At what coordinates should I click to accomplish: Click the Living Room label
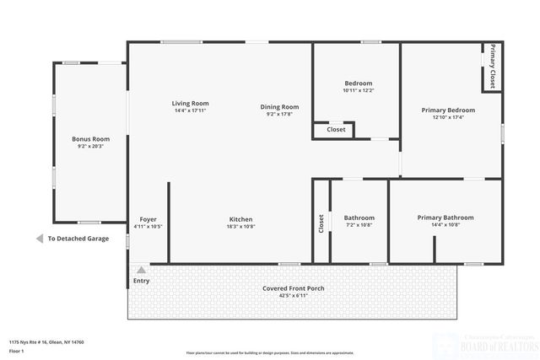[x=190, y=103]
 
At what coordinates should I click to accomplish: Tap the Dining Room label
[x=279, y=107]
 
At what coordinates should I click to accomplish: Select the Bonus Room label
[x=90, y=138]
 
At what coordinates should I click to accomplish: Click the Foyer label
[x=148, y=219]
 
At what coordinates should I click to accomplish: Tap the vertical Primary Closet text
[x=492, y=67]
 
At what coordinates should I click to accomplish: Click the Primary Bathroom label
[x=445, y=218]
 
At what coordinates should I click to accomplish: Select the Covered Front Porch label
[x=293, y=288]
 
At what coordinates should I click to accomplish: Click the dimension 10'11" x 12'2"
[x=358, y=90]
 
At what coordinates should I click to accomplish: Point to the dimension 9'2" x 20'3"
[x=90, y=146]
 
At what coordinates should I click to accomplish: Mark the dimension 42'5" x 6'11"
[x=293, y=296]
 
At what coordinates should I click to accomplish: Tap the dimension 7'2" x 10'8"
[x=359, y=225]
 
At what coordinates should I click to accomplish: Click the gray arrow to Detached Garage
[x=40, y=239]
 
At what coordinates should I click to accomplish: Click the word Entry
[x=141, y=280]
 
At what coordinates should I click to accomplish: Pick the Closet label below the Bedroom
[x=336, y=130]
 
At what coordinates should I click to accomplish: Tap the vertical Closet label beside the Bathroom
[x=321, y=223]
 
